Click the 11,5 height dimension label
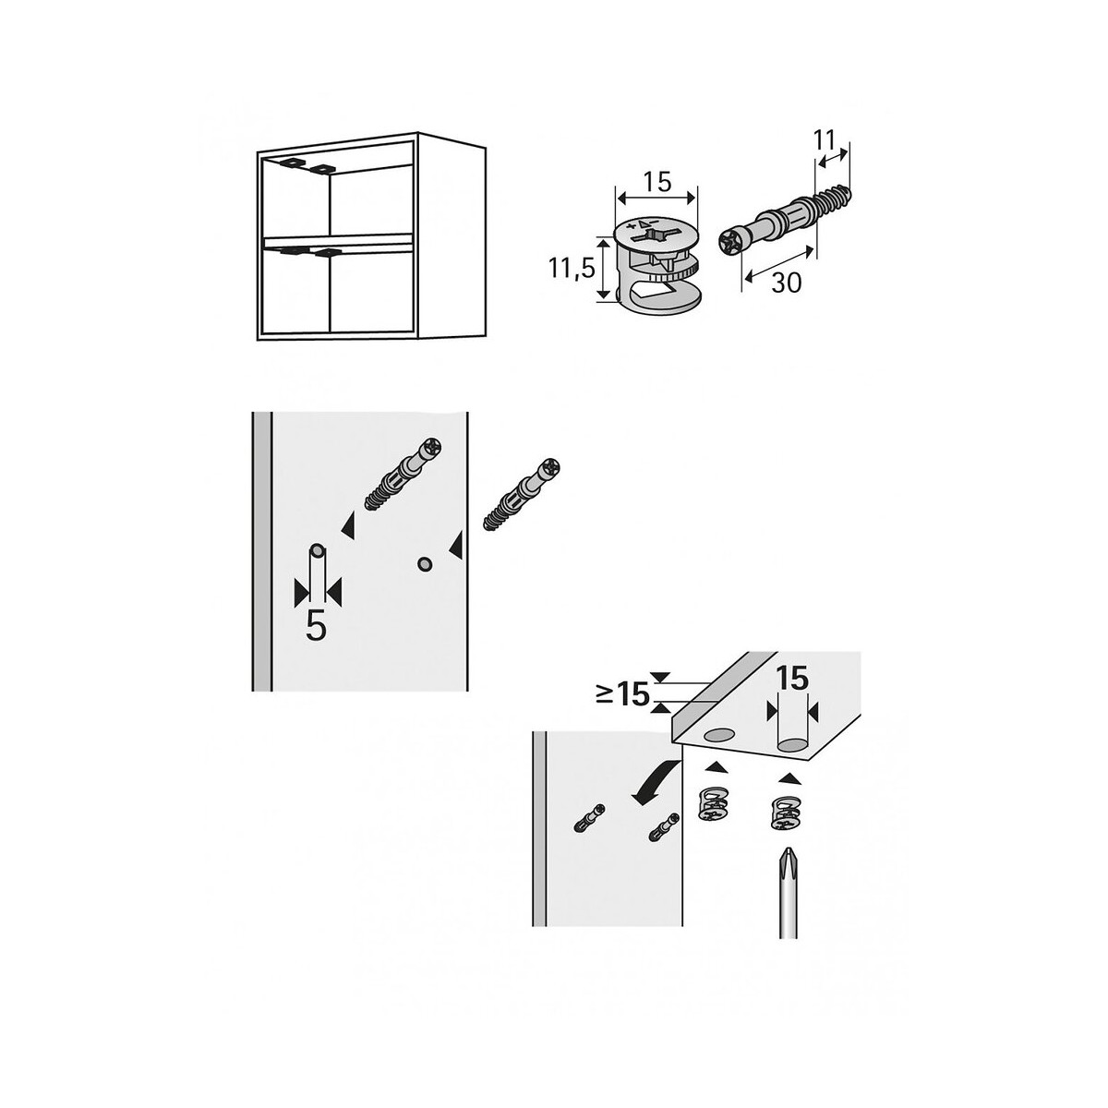click(x=572, y=268)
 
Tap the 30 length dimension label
click(x=786, y=283)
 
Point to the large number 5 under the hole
click(x=317, y=626)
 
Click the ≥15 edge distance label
click(x=622, y=695)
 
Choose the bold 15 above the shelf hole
click(x=792, y=679)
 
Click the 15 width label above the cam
click(x=656, y=182)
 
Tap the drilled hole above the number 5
click(x=317, y=549)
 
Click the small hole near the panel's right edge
click(x=425, y=564)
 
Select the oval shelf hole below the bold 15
click(x=792, y=747)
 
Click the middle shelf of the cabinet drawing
click(x=338, y=242)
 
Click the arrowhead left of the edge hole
click(x=455, y=545)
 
